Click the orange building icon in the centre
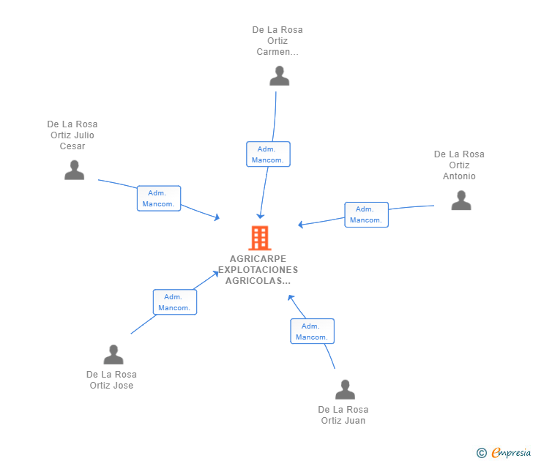(259, 238)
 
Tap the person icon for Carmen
(279, 76)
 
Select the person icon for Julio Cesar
(74, 170)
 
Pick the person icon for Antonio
(461, 200)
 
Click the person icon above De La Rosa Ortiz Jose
(113, 355)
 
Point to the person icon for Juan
(345, 390)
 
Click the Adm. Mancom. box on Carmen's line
(268, 154)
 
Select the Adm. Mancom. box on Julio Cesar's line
(159, 198)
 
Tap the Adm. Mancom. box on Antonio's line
(366, 214)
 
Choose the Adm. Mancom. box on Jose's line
(174, 302)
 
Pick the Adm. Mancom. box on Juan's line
(312, 331)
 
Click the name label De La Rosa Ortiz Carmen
(277, 41)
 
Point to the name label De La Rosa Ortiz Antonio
(459, 165)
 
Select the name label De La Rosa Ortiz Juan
(343, 415)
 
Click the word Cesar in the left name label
(72, 146)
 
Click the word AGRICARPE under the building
(258, 259)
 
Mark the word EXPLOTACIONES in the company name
(258, 270)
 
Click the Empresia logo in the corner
(510, 453)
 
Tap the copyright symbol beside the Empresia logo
(482, 454)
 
